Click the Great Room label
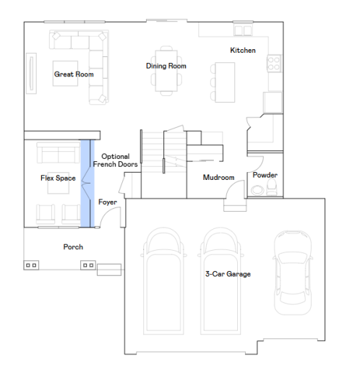point(74,74)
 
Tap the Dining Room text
point(166,66)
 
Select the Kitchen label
point(243,51)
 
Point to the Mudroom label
point(218,178)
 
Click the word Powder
point(265,175)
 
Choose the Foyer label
point(108,202)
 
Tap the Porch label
point(73,247)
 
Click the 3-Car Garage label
point(228,274)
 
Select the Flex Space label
point(58,178)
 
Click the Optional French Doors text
point(116,160)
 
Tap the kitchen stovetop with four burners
point(274,64)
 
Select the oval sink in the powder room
point(257,190)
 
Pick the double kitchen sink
point(243,30)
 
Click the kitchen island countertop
point(225,82)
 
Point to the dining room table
point(166,71)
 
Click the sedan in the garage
point(293,272)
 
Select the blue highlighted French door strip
point(87,184)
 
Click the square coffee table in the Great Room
point(65,73)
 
